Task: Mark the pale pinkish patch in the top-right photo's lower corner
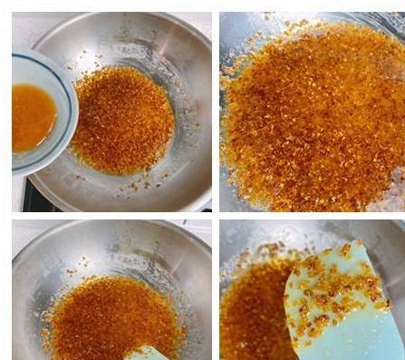[x=393, y=195]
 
